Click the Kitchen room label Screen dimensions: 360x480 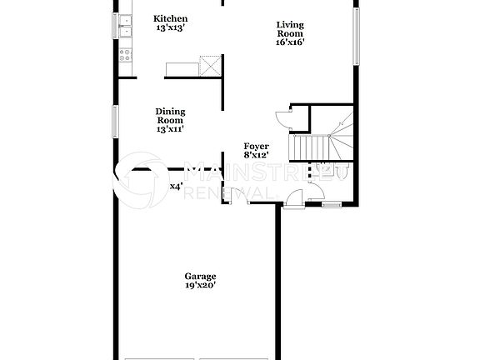click(172, 18)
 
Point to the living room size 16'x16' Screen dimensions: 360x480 click(285, 42)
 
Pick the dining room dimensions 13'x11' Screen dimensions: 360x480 click(170, 129)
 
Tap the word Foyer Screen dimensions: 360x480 click(255, 146)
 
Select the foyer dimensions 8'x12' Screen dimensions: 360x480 click(255, 155)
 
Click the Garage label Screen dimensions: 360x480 click(200, 277)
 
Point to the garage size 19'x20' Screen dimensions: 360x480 click(200, 287)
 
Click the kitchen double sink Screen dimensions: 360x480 click(125, 27)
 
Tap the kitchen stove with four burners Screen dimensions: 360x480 click(126, 56)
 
